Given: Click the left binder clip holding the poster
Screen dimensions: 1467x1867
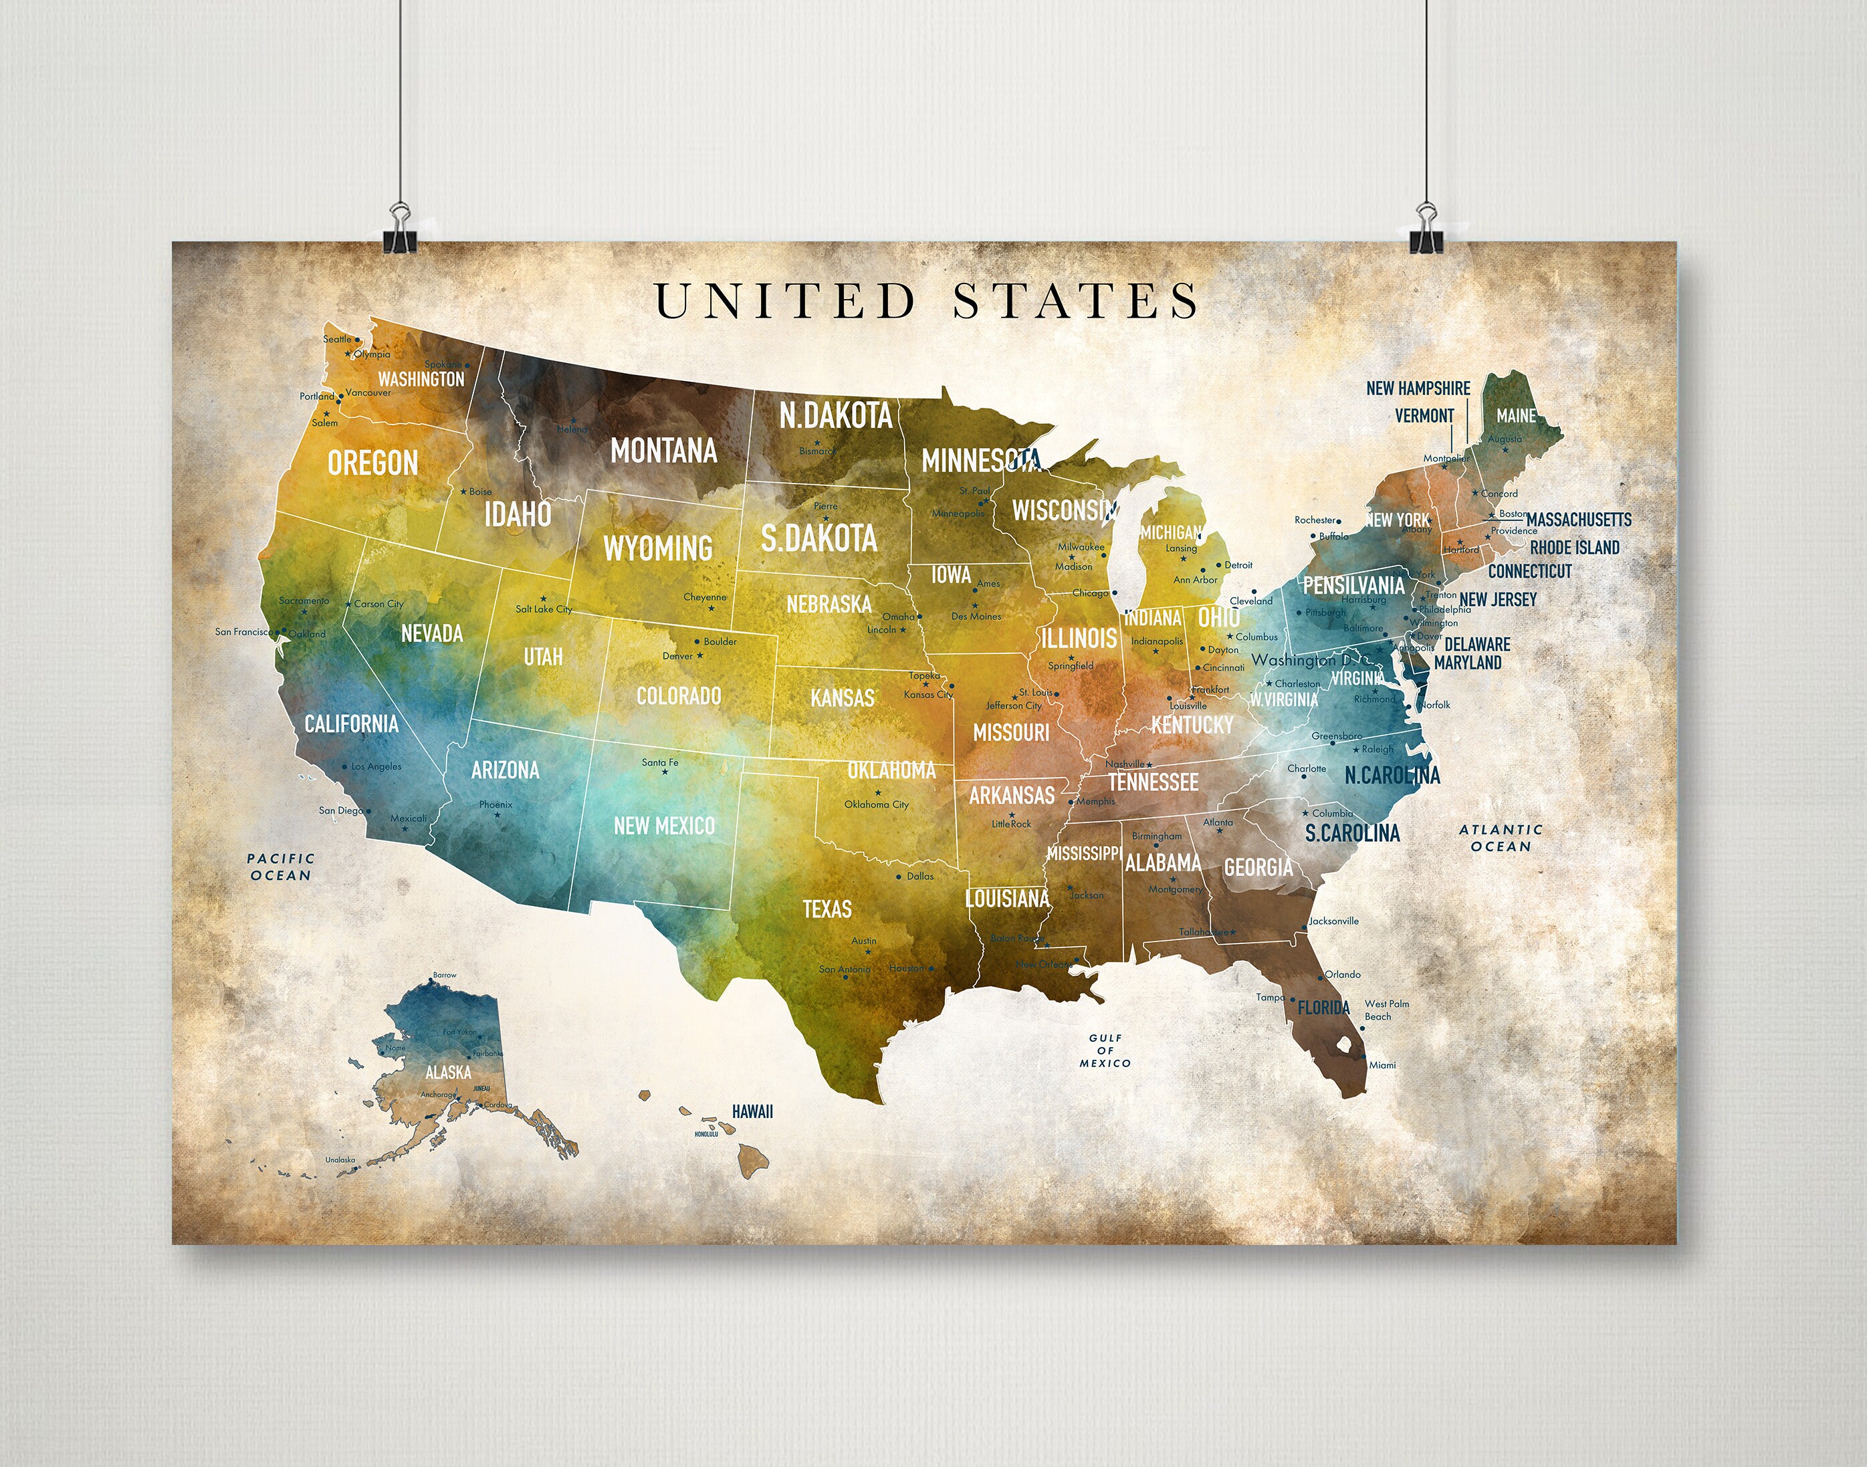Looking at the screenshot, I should (399, 230).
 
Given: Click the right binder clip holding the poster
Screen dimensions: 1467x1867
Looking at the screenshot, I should (1426, 230).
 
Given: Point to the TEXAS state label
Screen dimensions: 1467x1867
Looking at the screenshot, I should (827, 909).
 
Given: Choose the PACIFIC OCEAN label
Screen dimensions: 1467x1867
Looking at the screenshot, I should (281, 867).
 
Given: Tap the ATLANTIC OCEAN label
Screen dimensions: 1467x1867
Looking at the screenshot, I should (1501, 837).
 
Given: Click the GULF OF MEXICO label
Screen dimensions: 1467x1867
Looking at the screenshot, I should (1105, 1050).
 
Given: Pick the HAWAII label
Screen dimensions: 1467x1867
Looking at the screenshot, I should (752, 1111).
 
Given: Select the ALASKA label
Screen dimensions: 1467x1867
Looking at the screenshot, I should (448, 1072).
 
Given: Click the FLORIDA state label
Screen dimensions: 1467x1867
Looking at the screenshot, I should (1323, 1008).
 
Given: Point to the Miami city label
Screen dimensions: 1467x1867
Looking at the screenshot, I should (1382, 1065).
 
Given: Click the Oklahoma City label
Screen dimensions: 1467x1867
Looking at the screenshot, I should (876, 805).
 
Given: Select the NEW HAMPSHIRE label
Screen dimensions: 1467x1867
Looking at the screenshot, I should (1418, 388).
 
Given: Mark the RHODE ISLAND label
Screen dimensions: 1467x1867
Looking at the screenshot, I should (1574, 547).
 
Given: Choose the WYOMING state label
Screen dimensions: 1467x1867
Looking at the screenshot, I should (658, 548).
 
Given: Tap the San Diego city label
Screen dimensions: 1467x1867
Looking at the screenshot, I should (341, 810).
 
